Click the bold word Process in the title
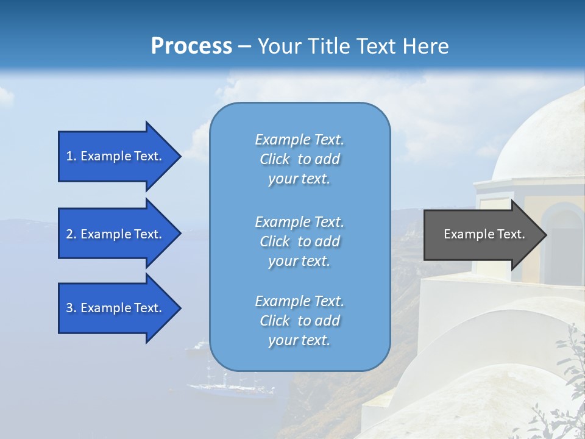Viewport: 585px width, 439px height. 191,46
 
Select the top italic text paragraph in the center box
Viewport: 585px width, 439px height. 299,159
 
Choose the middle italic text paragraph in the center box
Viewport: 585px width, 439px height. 299,241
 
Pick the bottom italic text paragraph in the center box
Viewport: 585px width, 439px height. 299,321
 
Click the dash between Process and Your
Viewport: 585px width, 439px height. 245,46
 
